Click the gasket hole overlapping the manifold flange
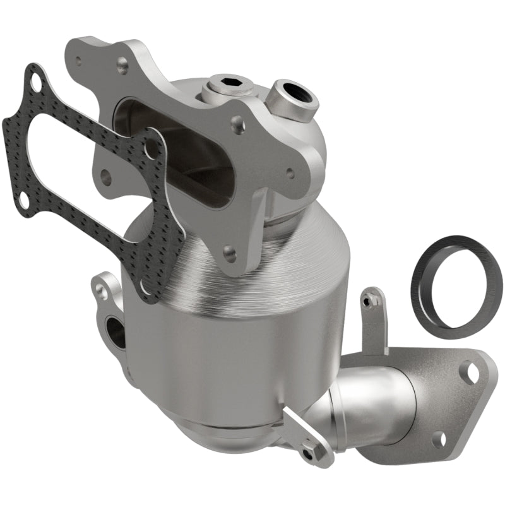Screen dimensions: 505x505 (151, 149)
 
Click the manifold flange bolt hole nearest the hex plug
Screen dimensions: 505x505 (238, 124)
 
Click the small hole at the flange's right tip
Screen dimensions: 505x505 (290, 172)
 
